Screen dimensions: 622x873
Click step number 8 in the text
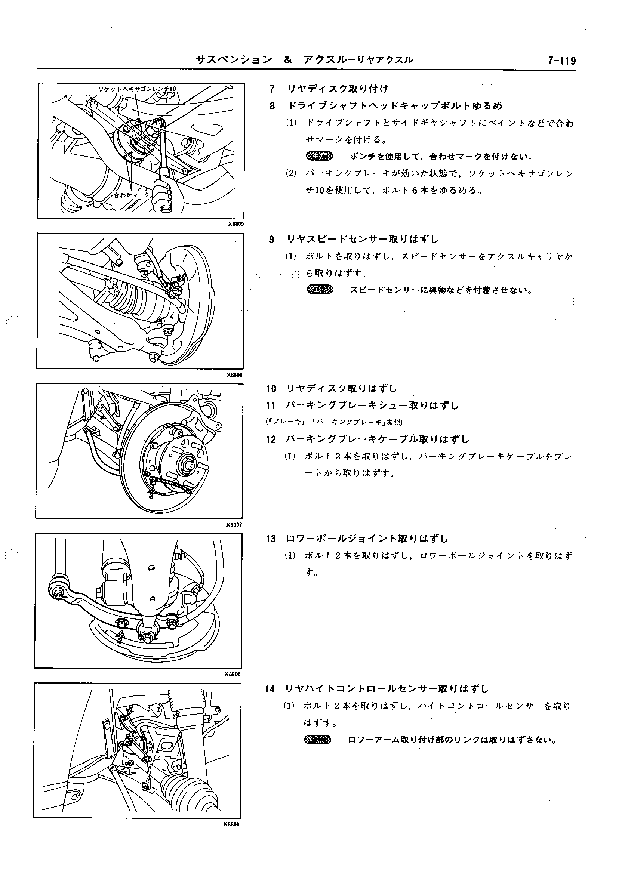[x=272, y=106]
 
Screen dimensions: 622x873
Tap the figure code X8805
[x=235, y=224]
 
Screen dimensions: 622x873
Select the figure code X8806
[x=234, y=375]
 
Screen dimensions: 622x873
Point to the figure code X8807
[x=234, y=525]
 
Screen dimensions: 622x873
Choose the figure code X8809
[x=231, y=824]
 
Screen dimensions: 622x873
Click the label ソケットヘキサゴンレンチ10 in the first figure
[x=137, y=89]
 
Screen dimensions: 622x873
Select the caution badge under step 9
[x=320, y=290]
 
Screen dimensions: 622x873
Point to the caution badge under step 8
[x=320, y=156]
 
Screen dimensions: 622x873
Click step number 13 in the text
[x=271, y=539]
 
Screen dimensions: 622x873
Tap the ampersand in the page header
[x=288, y=60]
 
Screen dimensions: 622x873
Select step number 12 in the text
[x=271, y=439]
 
